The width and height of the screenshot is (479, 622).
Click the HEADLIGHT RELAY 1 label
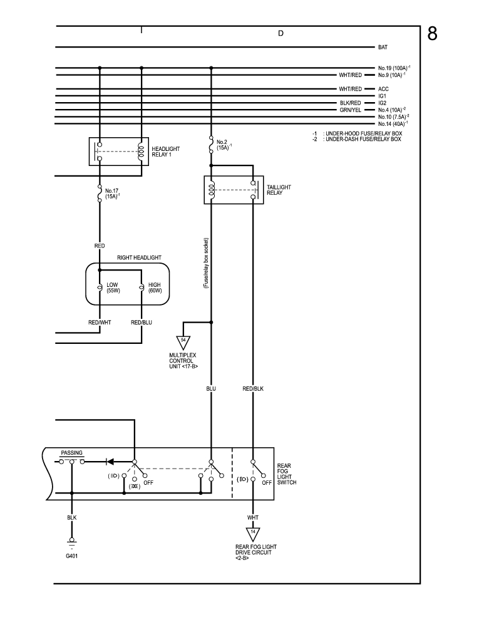(x=165, y=152)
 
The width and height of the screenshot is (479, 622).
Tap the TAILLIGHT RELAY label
(x=279, y=190)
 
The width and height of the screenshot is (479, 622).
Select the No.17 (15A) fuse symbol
(x=100, y=193)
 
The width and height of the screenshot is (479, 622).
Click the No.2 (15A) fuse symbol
(x=211, y=144)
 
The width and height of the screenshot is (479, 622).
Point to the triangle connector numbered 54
(x=183, y=343)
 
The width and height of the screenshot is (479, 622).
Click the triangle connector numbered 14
(x=253, y=534)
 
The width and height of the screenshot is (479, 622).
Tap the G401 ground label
(x=72, y=556)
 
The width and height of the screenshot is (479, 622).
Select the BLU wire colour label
(x=211, y=389)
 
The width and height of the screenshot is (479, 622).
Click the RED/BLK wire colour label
(x=253, y=389)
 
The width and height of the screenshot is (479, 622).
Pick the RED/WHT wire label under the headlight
(x=100, y=323)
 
